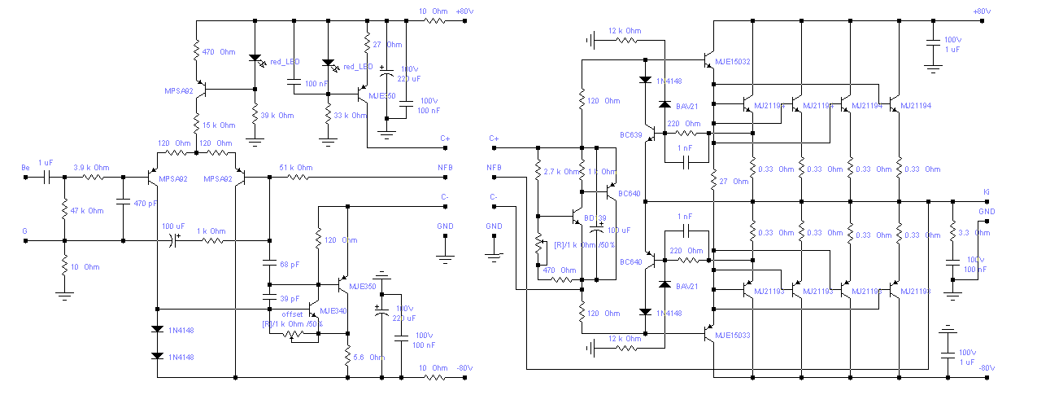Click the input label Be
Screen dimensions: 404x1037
25,167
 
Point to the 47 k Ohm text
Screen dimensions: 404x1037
87,211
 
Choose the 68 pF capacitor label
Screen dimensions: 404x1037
290,265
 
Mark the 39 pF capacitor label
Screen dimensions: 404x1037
290,298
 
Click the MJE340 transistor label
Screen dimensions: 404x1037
333,310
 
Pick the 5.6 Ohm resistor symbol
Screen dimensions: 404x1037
347,356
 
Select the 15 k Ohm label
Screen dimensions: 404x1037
219,125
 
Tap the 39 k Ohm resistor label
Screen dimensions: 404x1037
277,116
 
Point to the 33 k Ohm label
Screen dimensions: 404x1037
351,116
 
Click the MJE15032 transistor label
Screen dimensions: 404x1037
732,62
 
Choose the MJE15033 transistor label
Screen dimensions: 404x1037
732,335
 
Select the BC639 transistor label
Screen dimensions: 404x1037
630,134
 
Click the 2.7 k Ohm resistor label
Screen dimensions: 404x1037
561,173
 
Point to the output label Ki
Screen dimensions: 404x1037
987,193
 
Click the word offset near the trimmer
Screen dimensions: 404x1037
292,314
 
